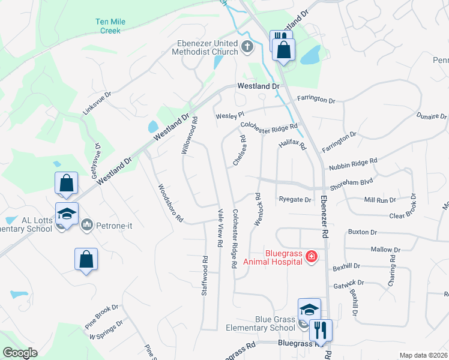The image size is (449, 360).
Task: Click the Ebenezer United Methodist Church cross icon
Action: coord(247,46)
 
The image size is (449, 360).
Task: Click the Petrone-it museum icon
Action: coord(86,224)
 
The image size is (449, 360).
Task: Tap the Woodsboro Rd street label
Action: coord(170,203)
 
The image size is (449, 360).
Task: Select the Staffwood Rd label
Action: coord(205,276)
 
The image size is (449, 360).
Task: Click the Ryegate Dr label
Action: coord(295,200)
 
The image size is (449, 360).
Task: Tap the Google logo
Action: coord(20,353)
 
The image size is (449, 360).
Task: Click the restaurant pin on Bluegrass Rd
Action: coord(321,330)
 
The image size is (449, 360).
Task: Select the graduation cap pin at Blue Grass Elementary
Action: coord(309,310)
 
